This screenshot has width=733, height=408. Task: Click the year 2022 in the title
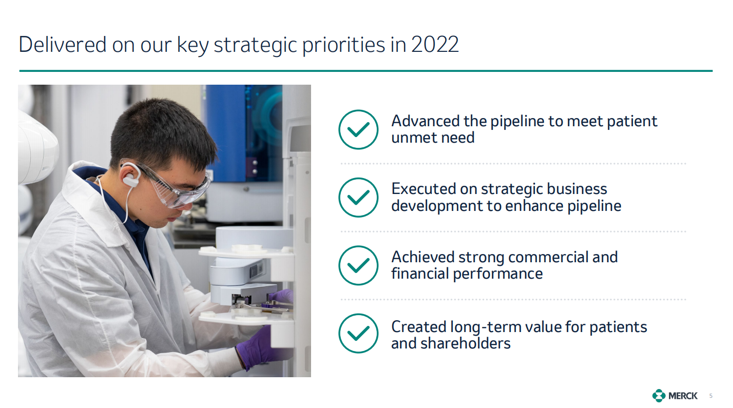click(x=435, y=44)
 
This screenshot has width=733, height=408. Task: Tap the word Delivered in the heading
click(x=63, y=44)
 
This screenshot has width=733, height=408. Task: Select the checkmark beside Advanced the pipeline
click(x=358, y=129)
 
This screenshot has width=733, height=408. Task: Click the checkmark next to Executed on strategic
click(x=358, y=198)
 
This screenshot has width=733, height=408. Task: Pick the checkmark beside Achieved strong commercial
click(x=358, y=266)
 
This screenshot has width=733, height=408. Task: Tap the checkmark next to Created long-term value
click(x=358, y=334)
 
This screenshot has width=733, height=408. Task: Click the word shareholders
click(x=466, y=343)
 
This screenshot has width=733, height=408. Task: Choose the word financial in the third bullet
click(x=420, y=274)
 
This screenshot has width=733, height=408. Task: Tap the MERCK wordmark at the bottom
click(x=683, y=396)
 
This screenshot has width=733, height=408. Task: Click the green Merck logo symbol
click(x=659, y=396)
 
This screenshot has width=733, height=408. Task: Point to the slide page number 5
click(x=711, y=396)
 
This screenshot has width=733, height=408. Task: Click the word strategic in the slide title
click(x=255, y=45)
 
